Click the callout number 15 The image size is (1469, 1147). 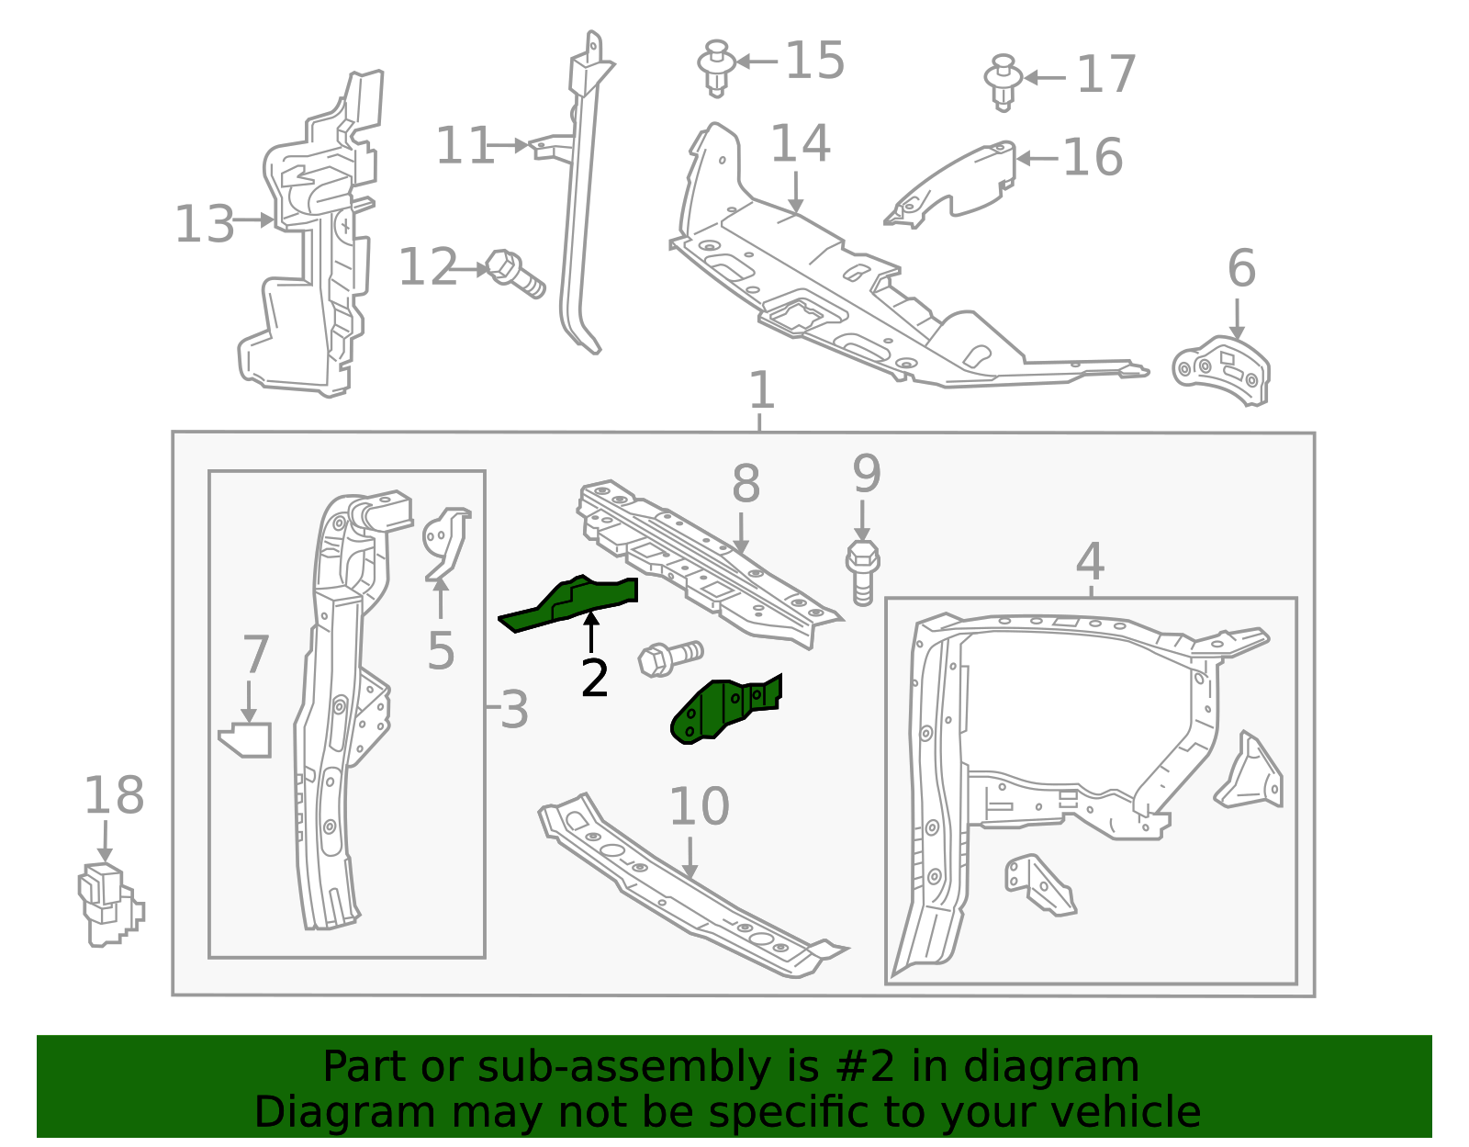pos(815,62)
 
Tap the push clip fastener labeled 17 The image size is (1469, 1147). pos(1004,82)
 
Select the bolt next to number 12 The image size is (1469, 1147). pos(515,273)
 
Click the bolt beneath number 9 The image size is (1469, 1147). pos(862,572)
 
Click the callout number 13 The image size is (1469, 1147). pos(204,224)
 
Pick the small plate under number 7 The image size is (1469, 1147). pos(246,740)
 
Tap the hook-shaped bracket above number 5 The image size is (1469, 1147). pos(447,542)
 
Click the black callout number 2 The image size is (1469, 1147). pos(595,679)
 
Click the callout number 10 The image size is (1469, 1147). pos(699,806)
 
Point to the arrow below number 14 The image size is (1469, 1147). pos(796,195)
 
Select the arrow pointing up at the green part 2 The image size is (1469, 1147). pos(592,633)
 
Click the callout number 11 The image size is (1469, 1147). pos(464,146)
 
